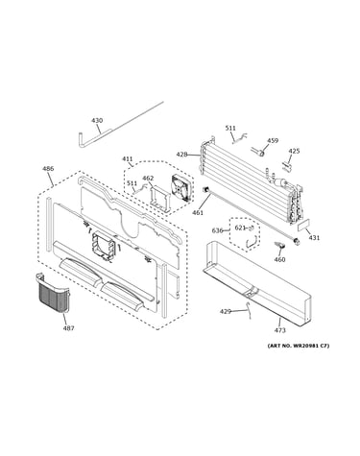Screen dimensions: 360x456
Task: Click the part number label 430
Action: point(97,121)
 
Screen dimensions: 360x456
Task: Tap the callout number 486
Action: point(48,169)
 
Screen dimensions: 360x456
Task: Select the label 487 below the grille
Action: point(68,328)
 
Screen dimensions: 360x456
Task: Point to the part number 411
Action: point(127,159)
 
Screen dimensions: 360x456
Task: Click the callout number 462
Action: point(148,179)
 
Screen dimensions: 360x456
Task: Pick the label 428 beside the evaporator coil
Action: point(181,155)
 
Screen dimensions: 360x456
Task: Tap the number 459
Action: point(273,140)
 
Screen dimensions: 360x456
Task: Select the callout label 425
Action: point(294,151)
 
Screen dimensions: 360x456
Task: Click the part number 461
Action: point(198,212)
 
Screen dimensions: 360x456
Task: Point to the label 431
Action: point(314,238)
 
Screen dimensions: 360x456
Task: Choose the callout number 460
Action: point(279,259)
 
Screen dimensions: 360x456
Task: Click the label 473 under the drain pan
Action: point(279,330)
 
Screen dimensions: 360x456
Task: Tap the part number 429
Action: point(226,311)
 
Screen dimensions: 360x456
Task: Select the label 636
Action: point(217,230)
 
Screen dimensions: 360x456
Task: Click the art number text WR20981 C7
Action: point(310,346)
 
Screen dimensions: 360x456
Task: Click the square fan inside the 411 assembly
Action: point(182,188)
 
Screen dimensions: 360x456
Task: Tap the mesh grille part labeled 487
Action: point(53,292)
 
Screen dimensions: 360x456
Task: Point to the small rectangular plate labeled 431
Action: point(303,226)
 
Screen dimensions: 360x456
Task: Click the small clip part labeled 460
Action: point(278,247)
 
